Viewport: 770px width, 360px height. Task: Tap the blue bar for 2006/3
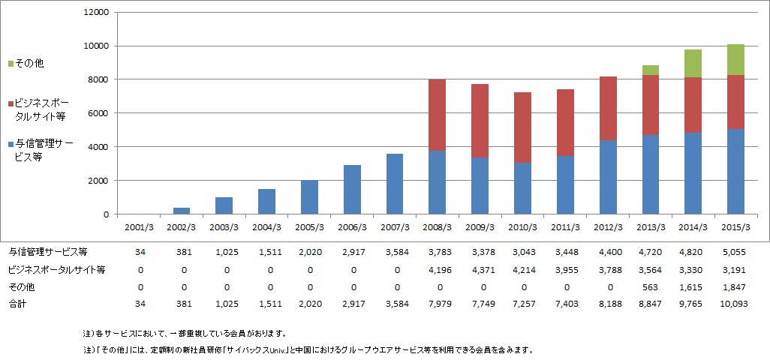point(352,190)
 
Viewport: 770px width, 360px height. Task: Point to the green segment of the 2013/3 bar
point(650,70)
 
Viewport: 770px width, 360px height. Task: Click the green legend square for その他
point(10,64)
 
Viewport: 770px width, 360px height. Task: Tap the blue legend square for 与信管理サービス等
point(10,141)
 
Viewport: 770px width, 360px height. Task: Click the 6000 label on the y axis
point(101,113)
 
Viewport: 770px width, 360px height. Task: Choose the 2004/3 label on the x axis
point(267,226)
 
